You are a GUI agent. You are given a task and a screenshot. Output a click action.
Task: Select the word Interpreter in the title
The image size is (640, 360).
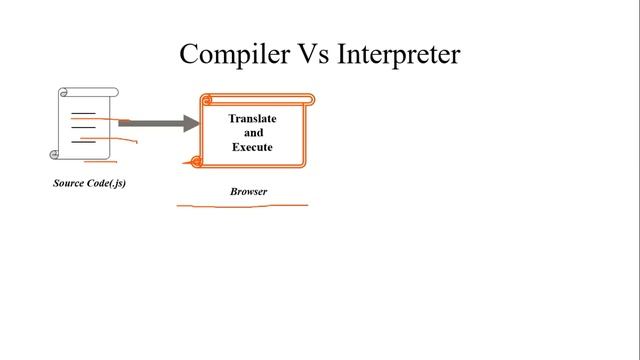[x=398, y=54]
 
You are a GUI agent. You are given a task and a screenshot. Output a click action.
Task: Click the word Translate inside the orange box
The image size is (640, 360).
[x=252, y=118]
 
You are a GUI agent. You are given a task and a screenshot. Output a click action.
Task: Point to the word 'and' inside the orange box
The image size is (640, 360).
[x=253, y=132]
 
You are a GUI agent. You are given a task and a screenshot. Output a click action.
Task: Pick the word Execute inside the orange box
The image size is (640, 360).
[x=252, y=147]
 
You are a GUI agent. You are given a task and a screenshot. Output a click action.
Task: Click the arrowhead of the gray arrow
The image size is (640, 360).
[x=191, y=123]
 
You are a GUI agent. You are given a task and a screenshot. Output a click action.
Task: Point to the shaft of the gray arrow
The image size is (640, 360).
[x=150, y=123]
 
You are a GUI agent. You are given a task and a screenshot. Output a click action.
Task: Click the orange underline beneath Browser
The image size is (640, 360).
[x=242, y=205]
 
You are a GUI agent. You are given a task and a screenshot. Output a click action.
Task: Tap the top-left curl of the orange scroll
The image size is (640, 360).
[x=207, y=100]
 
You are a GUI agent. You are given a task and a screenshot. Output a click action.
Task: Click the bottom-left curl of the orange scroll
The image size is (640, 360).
[x=196, y=161]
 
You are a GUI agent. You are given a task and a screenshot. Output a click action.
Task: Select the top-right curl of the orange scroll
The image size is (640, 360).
[x=309, y=99]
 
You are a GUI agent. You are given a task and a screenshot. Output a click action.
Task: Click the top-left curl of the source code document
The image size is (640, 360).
[x=63, y=93]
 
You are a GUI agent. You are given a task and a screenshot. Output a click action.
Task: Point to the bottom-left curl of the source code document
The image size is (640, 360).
[x=54, y=154]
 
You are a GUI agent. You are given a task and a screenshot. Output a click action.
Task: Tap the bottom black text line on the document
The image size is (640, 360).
[x=84, y=142]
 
